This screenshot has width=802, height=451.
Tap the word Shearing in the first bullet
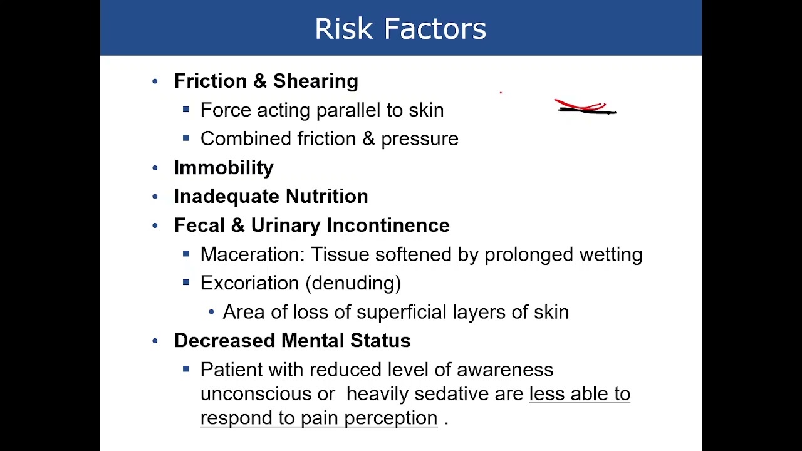[x=315, y=81]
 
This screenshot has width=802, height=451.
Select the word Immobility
[x=224, y=168]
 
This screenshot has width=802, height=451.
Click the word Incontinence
[x=388, y=225]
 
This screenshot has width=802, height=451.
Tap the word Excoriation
[x=249, y=283]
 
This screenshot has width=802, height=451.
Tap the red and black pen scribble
[x=585, y=107]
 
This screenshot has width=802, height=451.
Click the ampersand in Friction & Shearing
[x=259, y=81]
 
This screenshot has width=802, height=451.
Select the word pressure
[x=420, y=139]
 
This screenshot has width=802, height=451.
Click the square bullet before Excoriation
[x=185, y=283]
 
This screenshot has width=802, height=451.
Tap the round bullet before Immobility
[x=155, y=168]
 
